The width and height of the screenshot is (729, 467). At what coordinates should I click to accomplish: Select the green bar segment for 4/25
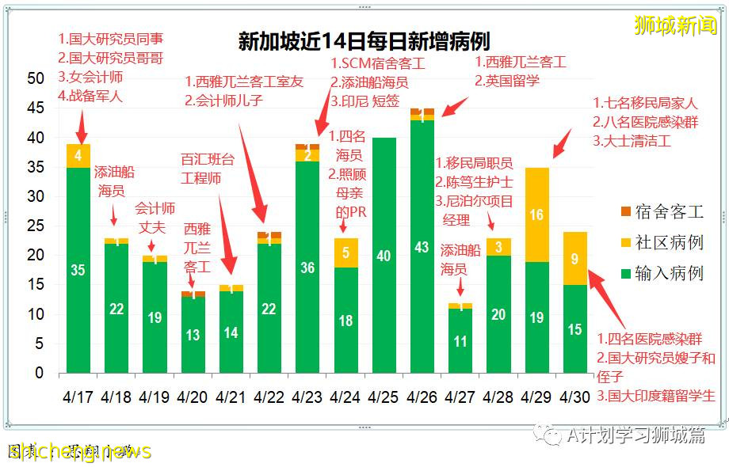[x=384, y=255]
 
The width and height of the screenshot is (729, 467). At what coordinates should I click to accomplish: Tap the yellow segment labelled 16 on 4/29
[x=536, y=215]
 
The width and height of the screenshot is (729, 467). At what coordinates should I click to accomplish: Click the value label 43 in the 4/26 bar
[x=422, y=247]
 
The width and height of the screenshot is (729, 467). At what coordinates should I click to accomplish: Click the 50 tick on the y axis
[x=35, y=78]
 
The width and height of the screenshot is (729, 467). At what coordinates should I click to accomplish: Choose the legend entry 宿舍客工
[x=663, y=212]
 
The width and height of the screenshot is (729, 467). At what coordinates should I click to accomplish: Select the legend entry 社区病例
[x=663, y=243]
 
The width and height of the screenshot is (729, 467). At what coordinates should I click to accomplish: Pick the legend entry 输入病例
[x=663, y=273]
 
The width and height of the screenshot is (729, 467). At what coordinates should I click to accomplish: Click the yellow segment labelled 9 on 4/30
[x=574, y=258]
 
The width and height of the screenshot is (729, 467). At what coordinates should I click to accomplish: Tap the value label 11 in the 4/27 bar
[x=460, y=342]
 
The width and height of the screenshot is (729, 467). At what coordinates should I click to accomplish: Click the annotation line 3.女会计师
[x=90, y=77]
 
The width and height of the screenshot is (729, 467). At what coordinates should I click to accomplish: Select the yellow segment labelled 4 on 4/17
[x=78, y=156]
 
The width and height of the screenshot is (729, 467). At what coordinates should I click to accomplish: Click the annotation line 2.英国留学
[x=507, y=81]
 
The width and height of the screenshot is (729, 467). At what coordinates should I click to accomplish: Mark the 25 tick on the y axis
[x=35, y=226]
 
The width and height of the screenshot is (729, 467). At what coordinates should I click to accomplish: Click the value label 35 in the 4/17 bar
[x=78, y=270]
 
